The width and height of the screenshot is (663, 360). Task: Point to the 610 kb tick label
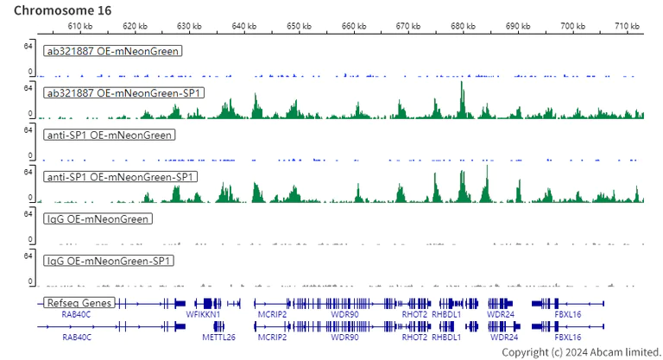coord(82,27)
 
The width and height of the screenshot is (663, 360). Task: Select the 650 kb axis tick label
coord(300,27)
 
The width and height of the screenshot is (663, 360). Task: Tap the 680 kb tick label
coord(464,27)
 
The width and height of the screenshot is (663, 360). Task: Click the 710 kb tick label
coord(628,27)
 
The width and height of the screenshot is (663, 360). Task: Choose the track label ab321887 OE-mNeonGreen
coord(112,51)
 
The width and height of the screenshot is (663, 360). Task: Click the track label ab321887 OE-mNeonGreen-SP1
coord(124,92)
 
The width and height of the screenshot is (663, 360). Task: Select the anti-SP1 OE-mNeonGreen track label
coord(109,135)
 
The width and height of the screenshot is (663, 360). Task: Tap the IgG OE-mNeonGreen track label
coord(97,219)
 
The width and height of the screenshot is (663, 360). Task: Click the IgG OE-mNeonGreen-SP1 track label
coord(109,261)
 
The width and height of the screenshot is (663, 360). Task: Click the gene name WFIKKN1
coord(204,315)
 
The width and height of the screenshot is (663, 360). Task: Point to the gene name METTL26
coord(218,338)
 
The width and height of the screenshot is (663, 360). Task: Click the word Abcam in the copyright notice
coord(601,352)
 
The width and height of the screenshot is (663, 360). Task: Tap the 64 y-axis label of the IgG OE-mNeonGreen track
coord(28,213)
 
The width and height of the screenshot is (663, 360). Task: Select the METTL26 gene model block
coord(219,326)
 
